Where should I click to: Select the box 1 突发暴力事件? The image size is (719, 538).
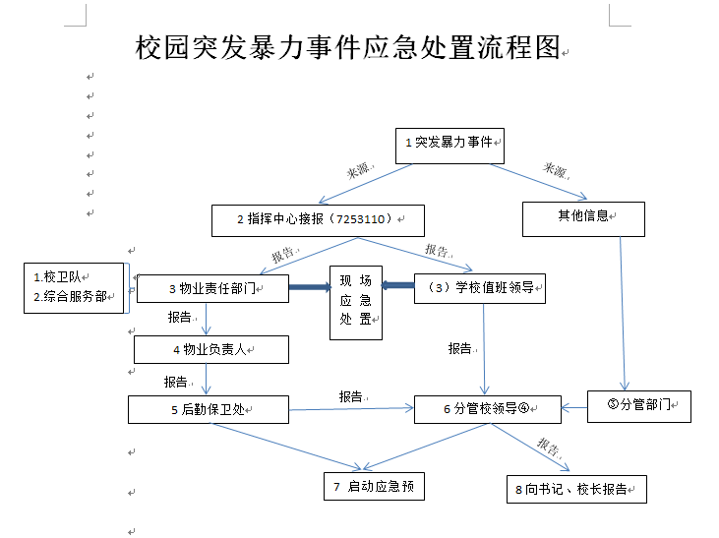(x=449, y=144)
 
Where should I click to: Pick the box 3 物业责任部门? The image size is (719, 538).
(x=211, y=288)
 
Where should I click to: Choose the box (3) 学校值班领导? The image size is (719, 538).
(x=479, y=289)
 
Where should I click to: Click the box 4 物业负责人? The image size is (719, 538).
(x=210, y=349)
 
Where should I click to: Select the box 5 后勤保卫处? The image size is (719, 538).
(x=208, y=409)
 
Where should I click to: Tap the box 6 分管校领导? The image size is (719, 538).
(x=487, y=409)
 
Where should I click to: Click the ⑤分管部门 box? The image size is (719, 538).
(x=638, y=405)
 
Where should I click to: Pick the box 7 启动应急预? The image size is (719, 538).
(x=374, y=486)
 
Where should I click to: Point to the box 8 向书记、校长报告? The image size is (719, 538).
(x=576, y=489)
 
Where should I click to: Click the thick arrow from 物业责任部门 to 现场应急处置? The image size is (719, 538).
(x=308, y=288)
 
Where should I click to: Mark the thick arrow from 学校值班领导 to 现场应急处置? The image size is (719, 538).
(x=397, y=286)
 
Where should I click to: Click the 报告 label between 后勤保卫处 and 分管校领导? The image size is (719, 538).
(x=350, y=396)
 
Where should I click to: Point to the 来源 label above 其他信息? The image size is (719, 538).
(x=556, y=170)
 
